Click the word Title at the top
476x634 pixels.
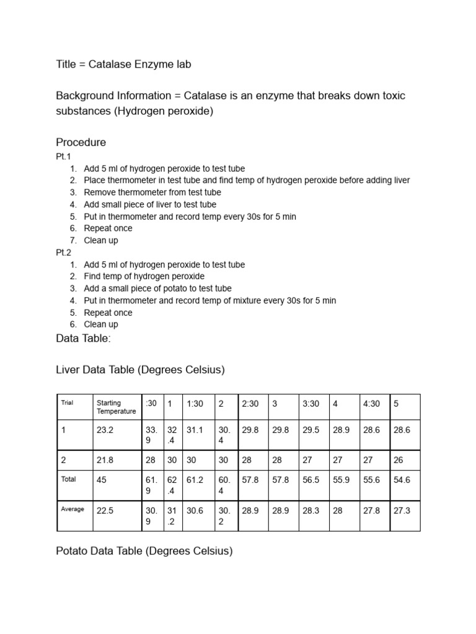click(66, 64)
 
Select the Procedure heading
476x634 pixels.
click(81, 142)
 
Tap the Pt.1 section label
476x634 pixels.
click(64, 157)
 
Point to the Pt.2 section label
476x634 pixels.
click(64, 253)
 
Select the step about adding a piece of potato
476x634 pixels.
click(157, 289)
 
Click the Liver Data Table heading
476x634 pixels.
click(140, 370)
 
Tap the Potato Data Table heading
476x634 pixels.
click(144, 551)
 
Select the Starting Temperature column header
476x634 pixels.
click(117, 407)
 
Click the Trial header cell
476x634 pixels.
click(67, 403)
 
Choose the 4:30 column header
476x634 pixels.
click(372, 404)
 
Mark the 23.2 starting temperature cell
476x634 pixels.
click(105, 429)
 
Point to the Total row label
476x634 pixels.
click(68, 479)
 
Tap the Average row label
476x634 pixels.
click(72, 509)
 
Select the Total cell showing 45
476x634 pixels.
click(102, 480)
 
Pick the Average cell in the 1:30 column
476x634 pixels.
click(195, 510)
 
